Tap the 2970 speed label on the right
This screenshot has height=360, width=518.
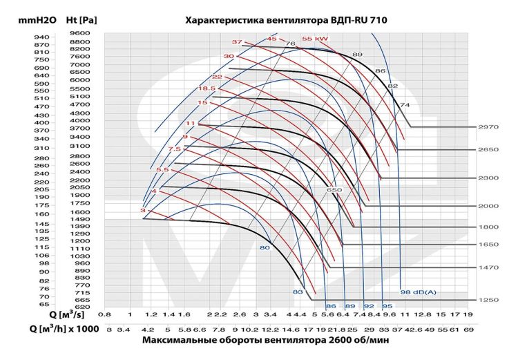coord(488,127)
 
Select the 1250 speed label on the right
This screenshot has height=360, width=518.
coord(488,300)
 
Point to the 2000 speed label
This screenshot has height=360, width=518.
coord(488,206)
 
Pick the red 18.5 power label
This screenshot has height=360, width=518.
coord(207,88)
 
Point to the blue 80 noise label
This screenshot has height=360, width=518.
coord(264,247)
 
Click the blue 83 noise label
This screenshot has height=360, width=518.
coord(298,292)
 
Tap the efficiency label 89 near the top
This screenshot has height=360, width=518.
coord(357,54)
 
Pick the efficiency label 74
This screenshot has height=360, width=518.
coord(405,105)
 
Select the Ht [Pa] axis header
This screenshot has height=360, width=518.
coord(83,21)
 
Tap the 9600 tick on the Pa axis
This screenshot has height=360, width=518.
coord(80,33)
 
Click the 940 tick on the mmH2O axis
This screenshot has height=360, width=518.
coord(41,37)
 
